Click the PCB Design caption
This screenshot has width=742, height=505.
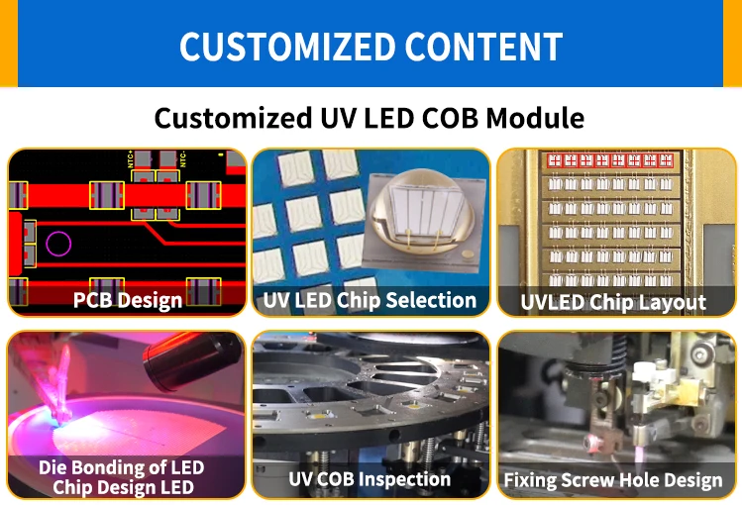(127, 300)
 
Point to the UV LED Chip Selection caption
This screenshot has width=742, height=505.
(370, 299)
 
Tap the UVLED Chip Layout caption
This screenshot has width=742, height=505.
(614, 302)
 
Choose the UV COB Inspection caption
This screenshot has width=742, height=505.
(370, 479)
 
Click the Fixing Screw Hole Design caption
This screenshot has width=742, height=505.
(613, 481)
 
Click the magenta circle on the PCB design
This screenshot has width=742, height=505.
(58, 244)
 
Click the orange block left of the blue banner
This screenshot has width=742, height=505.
(9, 40)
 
